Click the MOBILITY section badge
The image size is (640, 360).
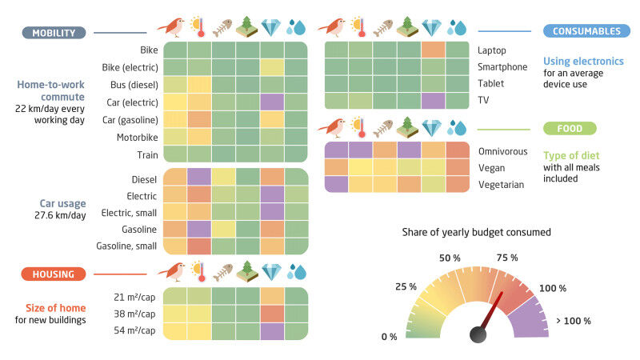54,33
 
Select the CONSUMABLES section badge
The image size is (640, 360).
585,31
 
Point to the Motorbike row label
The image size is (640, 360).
138,138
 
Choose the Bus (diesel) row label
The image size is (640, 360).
134,85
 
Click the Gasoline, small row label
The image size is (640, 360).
128,245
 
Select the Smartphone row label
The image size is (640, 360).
502,66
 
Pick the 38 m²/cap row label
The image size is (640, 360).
136,314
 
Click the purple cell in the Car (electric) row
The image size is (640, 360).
272,102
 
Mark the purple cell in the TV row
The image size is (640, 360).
433,101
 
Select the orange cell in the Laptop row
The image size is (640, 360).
433,50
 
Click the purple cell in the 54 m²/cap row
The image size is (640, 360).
272,331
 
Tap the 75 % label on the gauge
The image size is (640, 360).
508,258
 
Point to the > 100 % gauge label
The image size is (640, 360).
573,321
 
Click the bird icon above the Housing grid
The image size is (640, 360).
174,274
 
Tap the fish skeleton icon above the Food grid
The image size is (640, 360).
382,128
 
